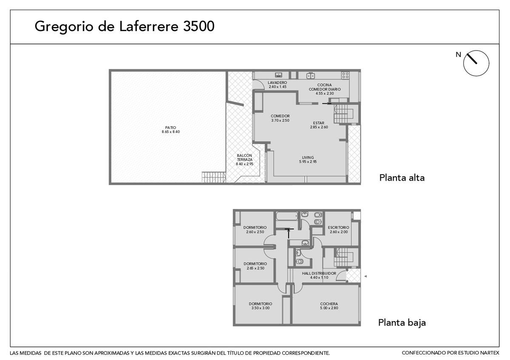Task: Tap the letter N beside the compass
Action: [458, 55]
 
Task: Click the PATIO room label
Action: [170, 128]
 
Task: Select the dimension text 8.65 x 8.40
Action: [171, 132]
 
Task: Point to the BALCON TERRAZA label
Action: [244, 158]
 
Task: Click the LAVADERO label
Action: [277, 82]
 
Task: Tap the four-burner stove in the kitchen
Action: [345, 75]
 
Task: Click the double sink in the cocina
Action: [311, 75]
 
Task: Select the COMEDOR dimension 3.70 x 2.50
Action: [280, 120]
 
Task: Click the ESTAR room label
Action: [318, 123]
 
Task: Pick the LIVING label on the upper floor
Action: [308, 158]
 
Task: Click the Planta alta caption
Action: [402, 178]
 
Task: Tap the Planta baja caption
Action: [402, 323]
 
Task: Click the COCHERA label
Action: [329, 304]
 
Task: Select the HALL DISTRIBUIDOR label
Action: [319, 273]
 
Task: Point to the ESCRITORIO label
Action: [338, 227]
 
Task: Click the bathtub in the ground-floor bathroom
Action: [287, 216]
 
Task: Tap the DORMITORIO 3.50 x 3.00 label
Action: [261, 306]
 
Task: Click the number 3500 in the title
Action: [199, 26]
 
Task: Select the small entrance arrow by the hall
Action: [365, 276]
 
